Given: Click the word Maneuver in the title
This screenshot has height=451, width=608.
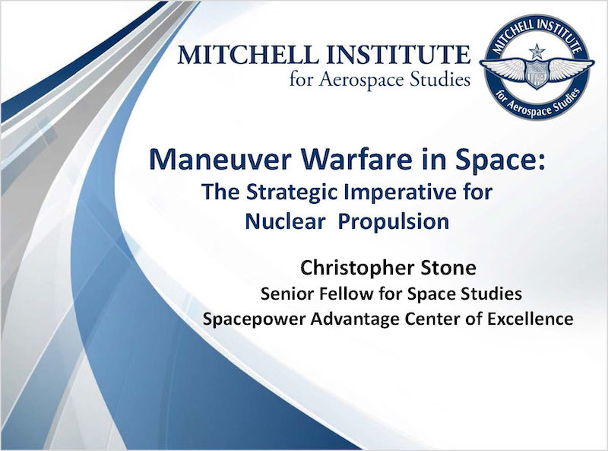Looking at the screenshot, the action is tap(220, 160).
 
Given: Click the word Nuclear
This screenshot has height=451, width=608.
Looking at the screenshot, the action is tap(285, 221).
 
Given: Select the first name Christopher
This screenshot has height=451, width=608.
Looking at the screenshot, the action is tap(356, 268).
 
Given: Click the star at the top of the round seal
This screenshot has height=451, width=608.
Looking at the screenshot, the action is tap(537, 51).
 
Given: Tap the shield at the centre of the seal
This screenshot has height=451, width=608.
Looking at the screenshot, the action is tap(537, 74).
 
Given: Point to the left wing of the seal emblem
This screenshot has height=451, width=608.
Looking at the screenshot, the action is tap(503, 68).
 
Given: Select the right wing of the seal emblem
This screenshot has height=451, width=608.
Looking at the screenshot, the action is tap(571, 68).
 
